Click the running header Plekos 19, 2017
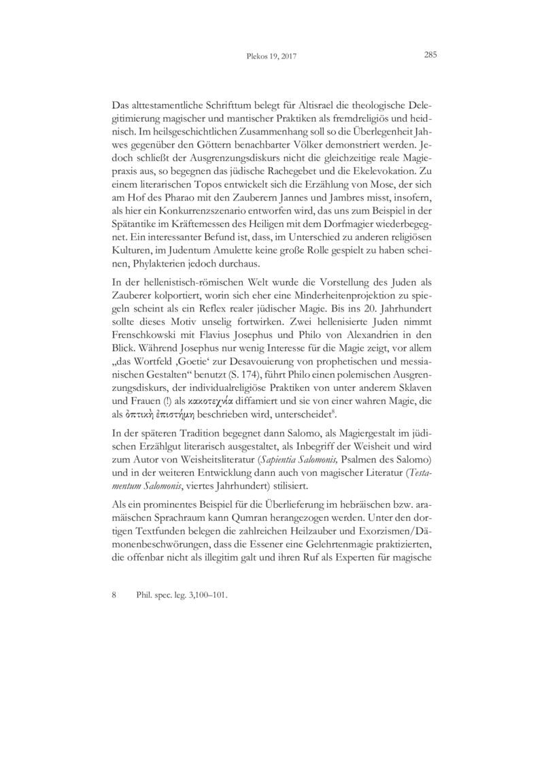[x=271, y=57]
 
